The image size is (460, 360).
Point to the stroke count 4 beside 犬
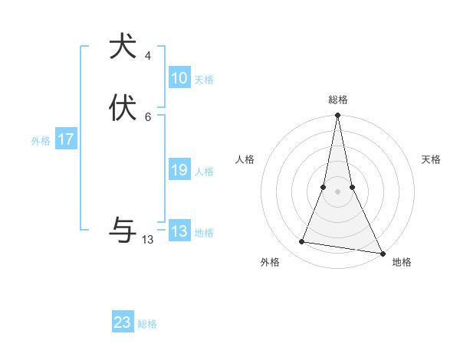[x=148, y=56]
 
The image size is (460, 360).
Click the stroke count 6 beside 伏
[x=148, y=117]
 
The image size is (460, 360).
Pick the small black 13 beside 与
[x=148, y=240]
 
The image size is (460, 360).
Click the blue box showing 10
[x=179, y=78]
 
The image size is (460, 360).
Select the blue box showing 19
[x=179, y=170]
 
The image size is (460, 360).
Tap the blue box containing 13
[x=179, y=231]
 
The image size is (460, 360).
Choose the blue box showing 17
[x=66, y=139]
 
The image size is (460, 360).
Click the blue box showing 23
[x=123, y=322]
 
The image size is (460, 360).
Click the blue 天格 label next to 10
[x=204, y=80]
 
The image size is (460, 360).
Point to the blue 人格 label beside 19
[x=204, y=172]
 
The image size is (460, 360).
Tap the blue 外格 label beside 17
[x=41, y=141]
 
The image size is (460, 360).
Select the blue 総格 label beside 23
[x=147, y=324]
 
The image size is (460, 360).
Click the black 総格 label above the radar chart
[x=337, y=100]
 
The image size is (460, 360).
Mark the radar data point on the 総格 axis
[x=337, y=116]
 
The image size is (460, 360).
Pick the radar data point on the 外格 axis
[x=301, y=242]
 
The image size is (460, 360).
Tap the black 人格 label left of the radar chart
[x=245, y=159]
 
